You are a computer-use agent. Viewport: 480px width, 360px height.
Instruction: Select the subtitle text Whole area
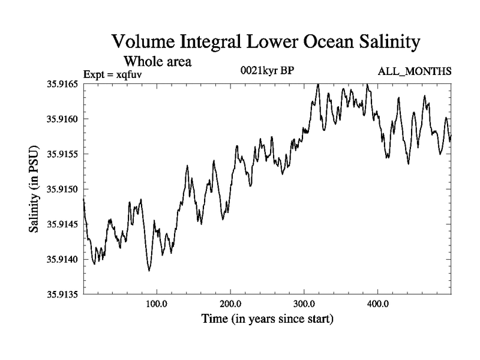click(x=158, y=61)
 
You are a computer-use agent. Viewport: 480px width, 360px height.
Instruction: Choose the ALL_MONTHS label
click(x=414, y=72)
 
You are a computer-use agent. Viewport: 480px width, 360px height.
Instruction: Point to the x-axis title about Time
click(x=266, y=319)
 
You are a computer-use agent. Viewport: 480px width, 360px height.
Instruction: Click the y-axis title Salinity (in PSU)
click(x=34, y=189)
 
